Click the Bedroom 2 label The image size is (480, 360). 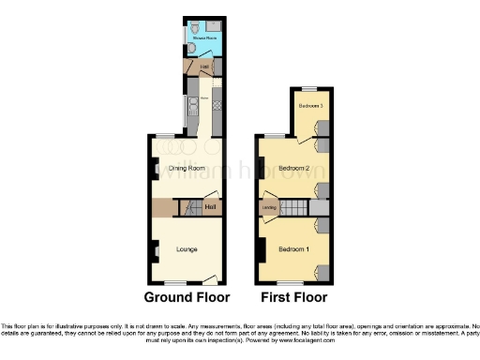[293, 169]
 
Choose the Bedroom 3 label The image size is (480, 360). [310, 106]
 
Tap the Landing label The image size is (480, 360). [269, 207]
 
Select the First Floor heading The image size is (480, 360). [294, 298]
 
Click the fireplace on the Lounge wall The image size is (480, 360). [151, 251]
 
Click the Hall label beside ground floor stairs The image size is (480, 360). [212, 207]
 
